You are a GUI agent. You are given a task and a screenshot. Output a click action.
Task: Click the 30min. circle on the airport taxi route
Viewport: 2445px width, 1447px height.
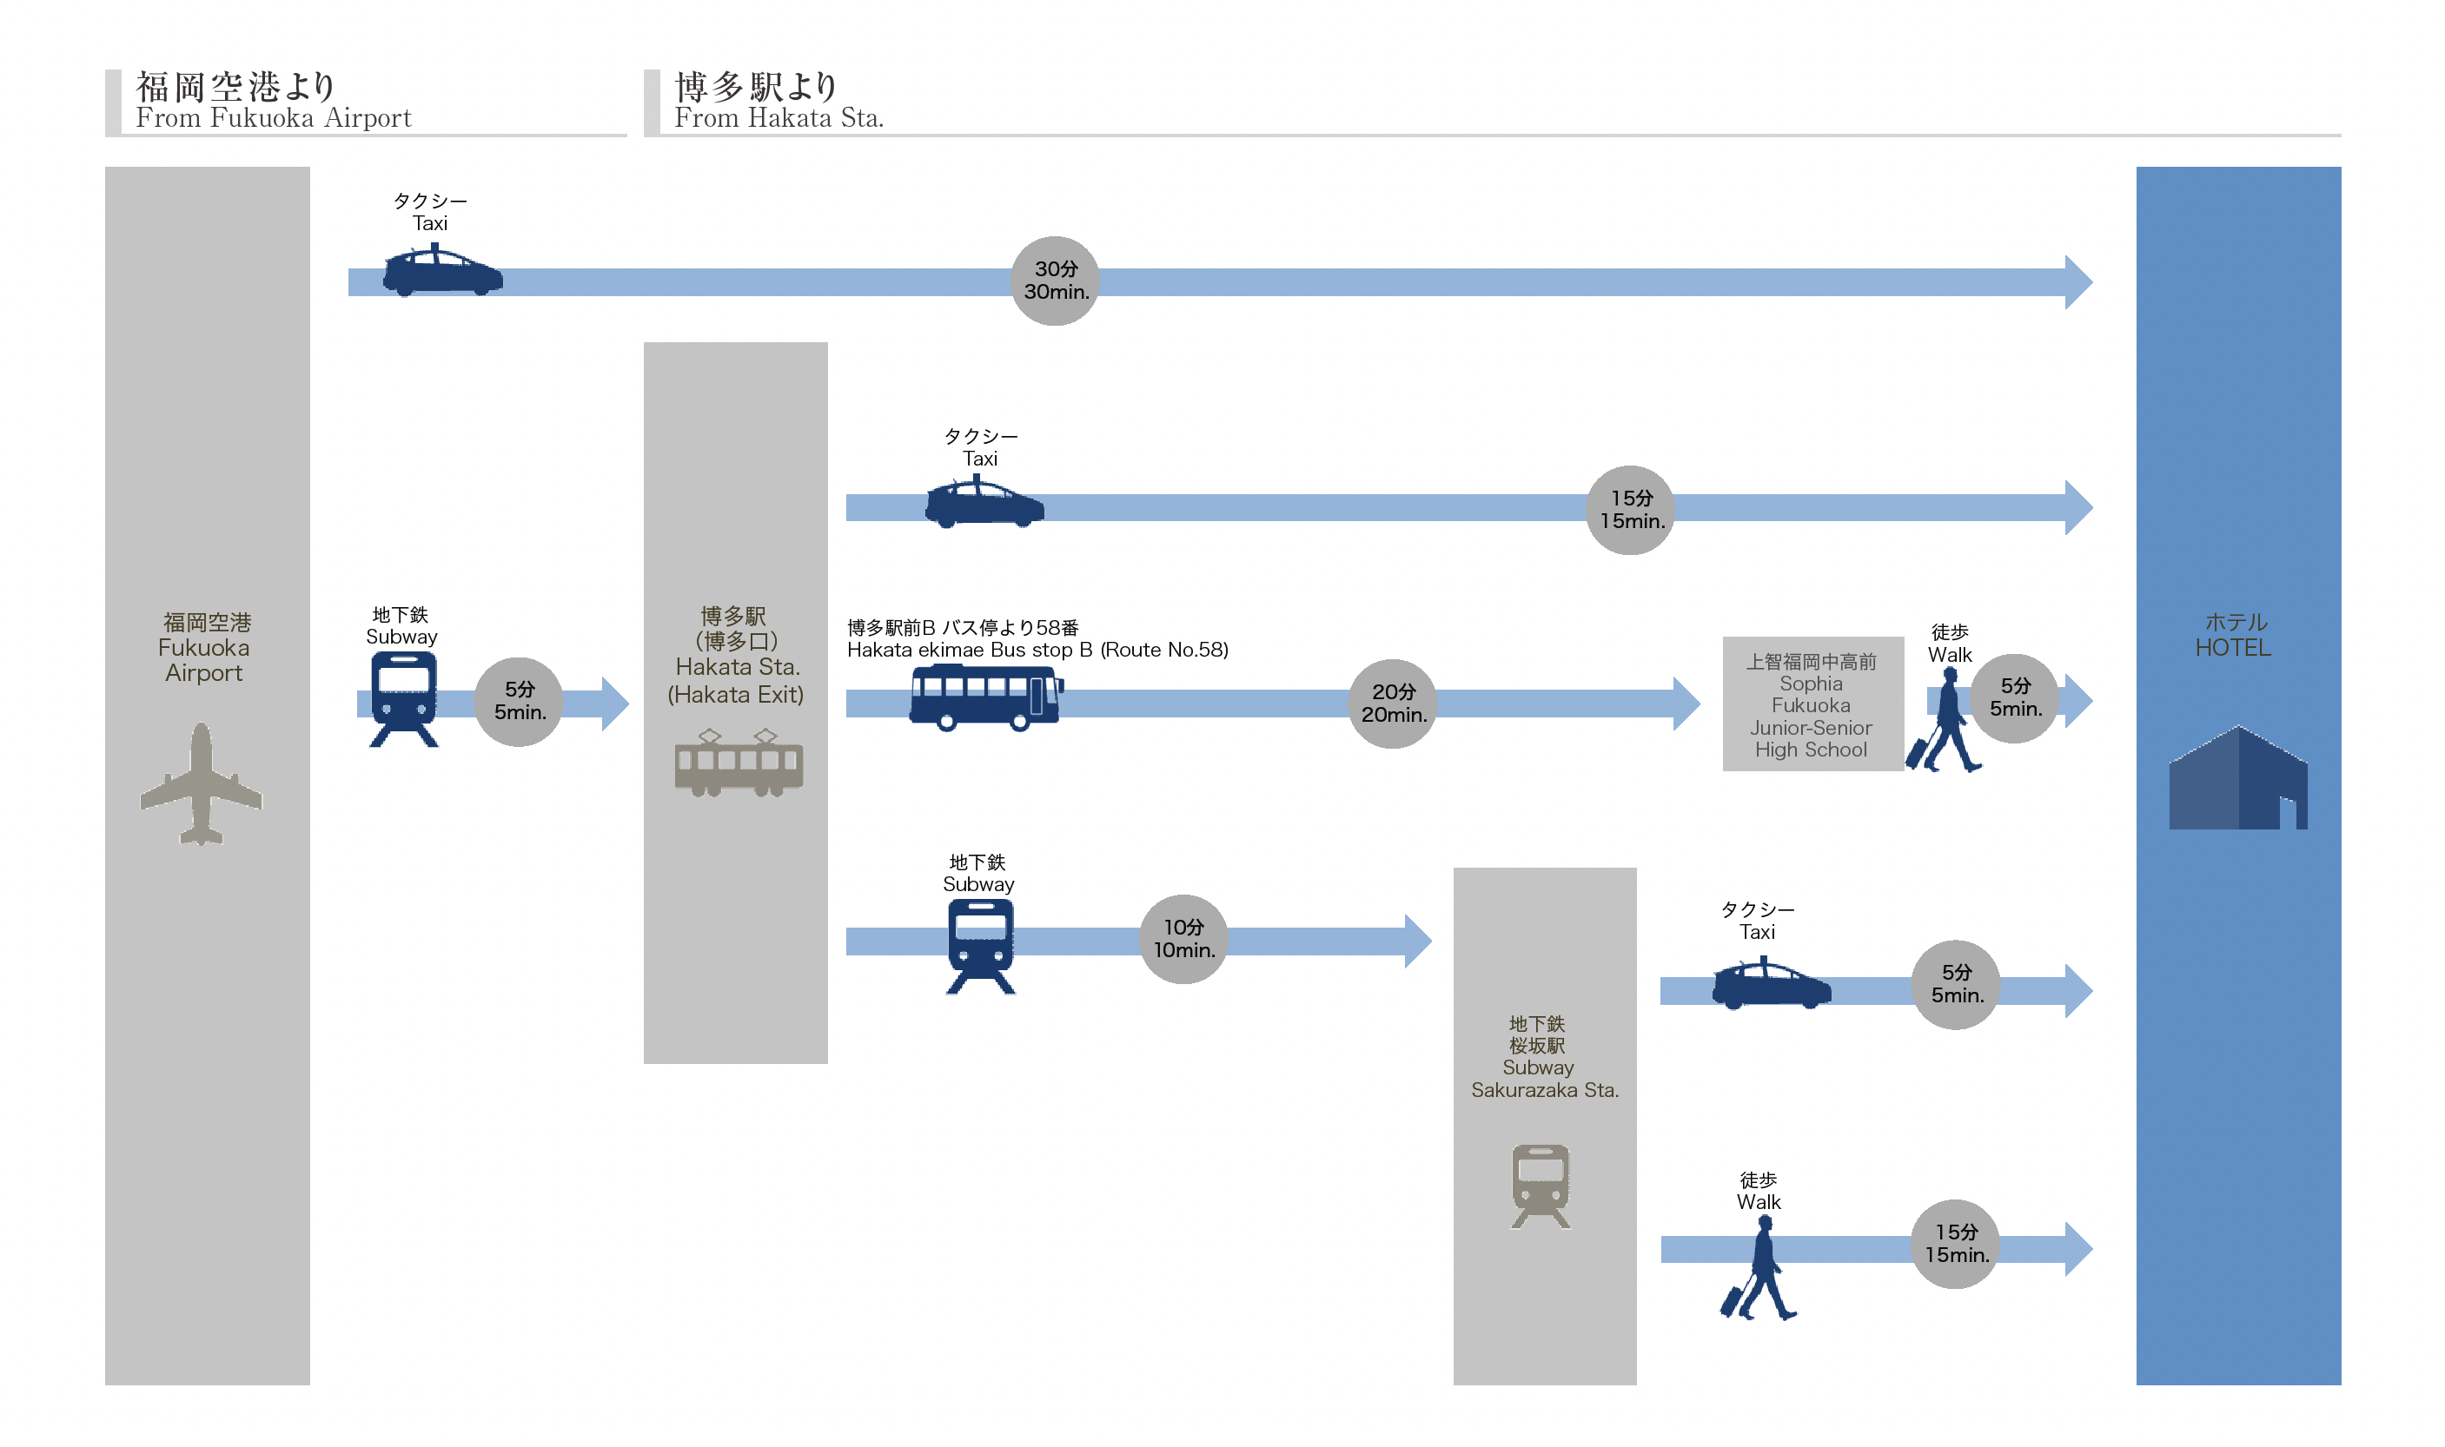pyautogui.click(x=1054, y=281)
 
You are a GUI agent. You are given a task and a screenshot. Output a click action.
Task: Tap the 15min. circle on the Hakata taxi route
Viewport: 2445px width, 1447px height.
pyautogui.click(x=1630, y=510)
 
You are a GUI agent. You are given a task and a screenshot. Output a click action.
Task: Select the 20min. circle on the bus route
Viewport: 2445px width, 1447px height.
pyautogui.click(x=1392, y=703)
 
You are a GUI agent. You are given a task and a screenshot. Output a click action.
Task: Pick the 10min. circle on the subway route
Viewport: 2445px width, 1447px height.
pyautogui.click(x=1183, y=939)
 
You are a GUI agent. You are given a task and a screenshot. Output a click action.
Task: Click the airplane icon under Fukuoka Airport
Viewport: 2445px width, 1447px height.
pyautogui.click(x=201, y=784)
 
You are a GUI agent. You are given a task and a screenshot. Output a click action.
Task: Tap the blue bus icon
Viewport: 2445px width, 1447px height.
pyautogui.click(x=985, y=697)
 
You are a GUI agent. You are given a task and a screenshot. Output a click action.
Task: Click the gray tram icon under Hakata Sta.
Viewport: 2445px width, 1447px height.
pyautogui.click(x=739, y=763)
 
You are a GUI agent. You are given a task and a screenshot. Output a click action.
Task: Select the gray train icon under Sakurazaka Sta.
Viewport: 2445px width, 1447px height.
pyautogui.click(x=1540, y=1186)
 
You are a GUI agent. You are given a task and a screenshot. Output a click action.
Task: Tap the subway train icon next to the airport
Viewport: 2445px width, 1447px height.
pyautogui.click(x=403, y=699)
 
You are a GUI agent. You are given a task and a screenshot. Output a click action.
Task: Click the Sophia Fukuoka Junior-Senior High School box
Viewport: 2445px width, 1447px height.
pyautogui.click(x=1811, y=704)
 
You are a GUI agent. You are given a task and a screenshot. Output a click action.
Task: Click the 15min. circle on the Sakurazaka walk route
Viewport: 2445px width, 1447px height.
pyautogui.click(x=1956, y=1244)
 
